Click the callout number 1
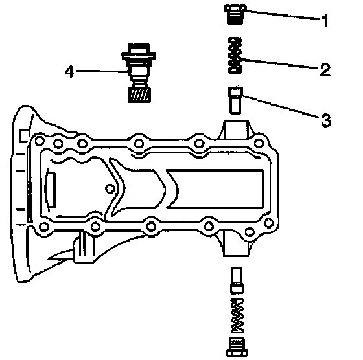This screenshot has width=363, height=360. (x=325, y=20)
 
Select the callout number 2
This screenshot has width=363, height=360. (x=325, y=69)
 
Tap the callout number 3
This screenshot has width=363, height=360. (x=325, y=120)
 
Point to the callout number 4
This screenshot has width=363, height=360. (x=69, y=71)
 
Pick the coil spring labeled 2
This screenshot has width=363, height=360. (x=235, y=56)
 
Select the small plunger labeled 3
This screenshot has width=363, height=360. (x=235, y=100)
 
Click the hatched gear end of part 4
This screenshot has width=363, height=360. (x=139, y=95)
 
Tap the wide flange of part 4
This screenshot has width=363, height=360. (x=139, y=56)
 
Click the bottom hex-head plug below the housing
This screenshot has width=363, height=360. (x=237, y=347)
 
